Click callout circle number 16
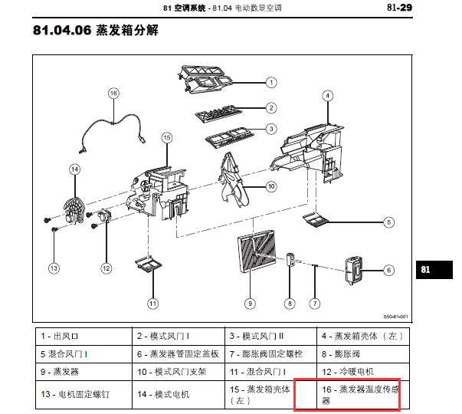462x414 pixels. pos(113,94)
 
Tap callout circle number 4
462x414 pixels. pos(328,96)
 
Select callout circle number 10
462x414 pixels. pos(271,186)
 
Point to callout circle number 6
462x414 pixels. pos(389,270)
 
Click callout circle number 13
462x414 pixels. pos(54,268)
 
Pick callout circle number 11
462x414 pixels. pos(152,304)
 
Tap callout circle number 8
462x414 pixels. pos(290,304)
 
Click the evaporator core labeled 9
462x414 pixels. pos(257,251)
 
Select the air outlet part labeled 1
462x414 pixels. pos(205,80)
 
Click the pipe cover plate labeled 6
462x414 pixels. pos(353,270)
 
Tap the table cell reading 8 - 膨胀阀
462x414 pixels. pos(363,354)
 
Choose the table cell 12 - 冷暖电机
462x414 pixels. pos(363,372)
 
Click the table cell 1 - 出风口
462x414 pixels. pos(84,337)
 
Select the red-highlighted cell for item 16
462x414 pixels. pos(347,395)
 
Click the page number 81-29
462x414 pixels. pos(399,8)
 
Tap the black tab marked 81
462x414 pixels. pos(434,270)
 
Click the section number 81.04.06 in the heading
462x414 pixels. pos(62,30)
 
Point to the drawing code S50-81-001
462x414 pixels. pos(395,317)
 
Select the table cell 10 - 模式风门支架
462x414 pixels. pos(179,372)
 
